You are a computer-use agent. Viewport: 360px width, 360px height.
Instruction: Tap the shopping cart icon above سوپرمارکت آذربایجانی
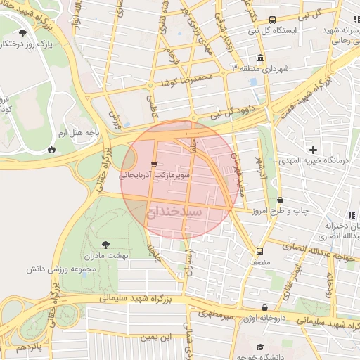click(x=154, y=164)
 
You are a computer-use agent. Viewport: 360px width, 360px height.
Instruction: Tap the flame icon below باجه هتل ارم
click(x=51, y=149)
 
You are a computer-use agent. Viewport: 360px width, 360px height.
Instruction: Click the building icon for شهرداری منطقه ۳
click(x=261, y=58)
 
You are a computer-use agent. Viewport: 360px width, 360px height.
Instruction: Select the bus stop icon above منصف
click(x=260, y=251)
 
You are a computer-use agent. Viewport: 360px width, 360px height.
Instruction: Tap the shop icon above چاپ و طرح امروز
click(x=280, y=200)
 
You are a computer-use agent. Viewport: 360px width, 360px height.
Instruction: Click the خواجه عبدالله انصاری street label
click(x=308, y=247)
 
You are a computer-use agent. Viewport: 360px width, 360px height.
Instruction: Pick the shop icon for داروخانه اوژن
click(x=264, y=308)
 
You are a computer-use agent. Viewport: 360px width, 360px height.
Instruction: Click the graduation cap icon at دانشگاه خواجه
click(x=261, y=347)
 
